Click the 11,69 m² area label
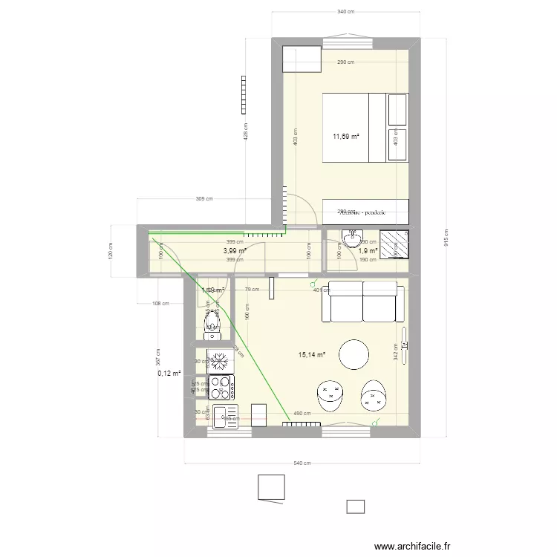pyautogui.click(x=346, y=136)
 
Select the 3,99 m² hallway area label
pyautogui.click(x=235, y=251)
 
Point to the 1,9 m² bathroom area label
pyautogui.click(x=368, y=251)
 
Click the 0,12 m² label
pyautogui.click(x=169, y=374)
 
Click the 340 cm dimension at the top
pyautogui.click(x=345, y=12)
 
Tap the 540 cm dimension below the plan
pyautogui.click(x=302, y=463)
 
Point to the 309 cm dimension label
pyautogui.click(x=204, y=199)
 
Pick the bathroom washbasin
pyautogui.click(x=352, y=238)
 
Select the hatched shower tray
pyautogui.click(x=393, y=243)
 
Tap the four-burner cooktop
pyautogui.click(x=221, y=387)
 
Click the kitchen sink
pyautogui.click(x=221, y=417)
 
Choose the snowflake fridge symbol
pyautogui.click(x=219, y=361)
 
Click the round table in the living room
pyautogui.click(x=354, y=354)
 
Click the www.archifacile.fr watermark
pyautogui.click(x=413, y=546)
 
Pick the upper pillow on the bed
pyautogui.click(x=397, y=109)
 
